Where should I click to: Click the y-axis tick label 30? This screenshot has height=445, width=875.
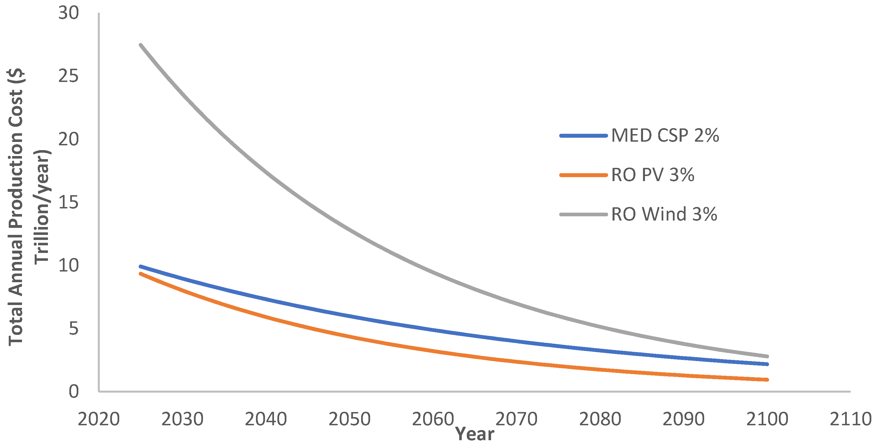click(x=68, y=13)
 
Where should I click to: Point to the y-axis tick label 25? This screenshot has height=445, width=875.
click(x=68, y=76)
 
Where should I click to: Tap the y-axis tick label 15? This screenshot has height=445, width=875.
click(x=68, y=203)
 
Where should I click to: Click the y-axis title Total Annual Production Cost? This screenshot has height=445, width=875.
click(x=16, y=207)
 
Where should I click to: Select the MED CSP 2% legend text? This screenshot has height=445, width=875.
click(x=665, y=135)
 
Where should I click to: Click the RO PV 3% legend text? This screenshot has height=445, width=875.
click(x=653, y=175)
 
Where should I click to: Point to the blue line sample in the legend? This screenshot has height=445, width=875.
click(x=583, y=136)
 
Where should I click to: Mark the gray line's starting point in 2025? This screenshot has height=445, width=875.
click(x=141, y=45)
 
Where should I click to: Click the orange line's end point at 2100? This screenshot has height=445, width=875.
click(x=767, y=379)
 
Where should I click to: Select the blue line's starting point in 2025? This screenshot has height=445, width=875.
click(x=141, y=266)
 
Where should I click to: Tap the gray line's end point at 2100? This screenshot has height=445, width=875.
click(x=767, y=356)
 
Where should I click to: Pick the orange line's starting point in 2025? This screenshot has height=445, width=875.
click(x=141, y=273)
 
